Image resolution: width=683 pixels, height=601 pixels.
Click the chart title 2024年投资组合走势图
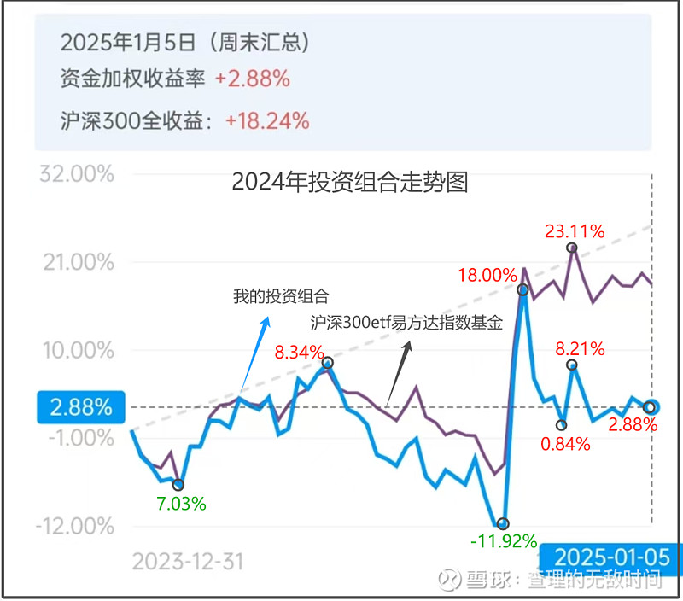[350, 182]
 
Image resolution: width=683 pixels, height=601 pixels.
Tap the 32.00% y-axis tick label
[77, 175]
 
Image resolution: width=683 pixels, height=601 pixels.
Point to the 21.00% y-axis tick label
[77, 263]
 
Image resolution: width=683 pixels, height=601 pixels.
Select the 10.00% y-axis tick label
[77, 350]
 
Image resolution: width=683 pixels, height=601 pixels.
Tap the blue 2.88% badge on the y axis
[80, 407]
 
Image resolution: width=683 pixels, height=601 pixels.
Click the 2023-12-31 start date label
[188, 561]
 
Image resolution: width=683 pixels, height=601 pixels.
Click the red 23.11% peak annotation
[575, 230]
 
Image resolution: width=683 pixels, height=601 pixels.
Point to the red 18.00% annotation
[487, 275]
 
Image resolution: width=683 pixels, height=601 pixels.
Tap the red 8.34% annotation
[299, 351]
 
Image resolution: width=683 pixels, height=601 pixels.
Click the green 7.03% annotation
[180, 503]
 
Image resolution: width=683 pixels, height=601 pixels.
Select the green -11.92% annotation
[504, 540]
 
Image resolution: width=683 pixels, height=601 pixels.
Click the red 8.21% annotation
[580, 348]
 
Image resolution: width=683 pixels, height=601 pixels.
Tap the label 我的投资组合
[281, 296]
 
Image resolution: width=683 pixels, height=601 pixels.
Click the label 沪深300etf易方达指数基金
[406, 324]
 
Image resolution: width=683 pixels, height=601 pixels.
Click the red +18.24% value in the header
[266, 120]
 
